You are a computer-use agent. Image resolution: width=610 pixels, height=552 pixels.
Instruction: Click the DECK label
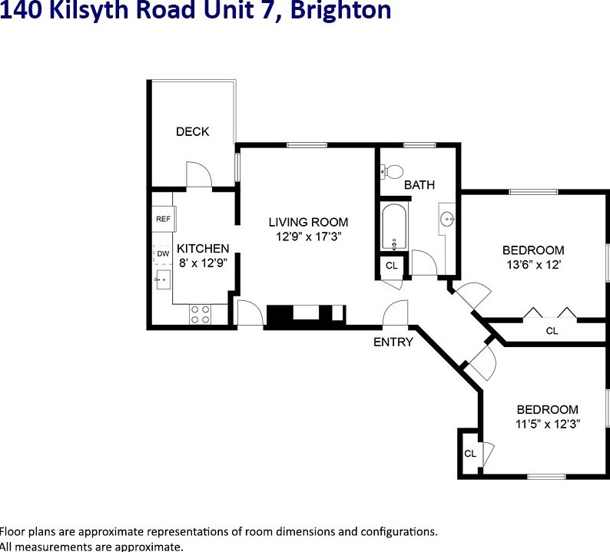(x=192, y=131)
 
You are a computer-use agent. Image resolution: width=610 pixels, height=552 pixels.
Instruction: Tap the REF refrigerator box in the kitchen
(x=163, y=219)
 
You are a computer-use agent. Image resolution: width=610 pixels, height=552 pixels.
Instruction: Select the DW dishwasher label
(x=163, y=253)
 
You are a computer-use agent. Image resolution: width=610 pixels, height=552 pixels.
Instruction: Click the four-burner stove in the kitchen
(x=200, y=314)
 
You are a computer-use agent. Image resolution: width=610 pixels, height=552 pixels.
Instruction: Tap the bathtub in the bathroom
(x=393, y=227)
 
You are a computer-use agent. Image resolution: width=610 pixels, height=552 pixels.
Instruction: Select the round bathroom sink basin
(x=448, y=220)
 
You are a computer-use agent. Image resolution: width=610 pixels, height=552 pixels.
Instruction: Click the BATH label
(x=419, y=185)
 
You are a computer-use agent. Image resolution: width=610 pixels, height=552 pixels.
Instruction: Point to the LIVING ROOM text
(x=308, y=223)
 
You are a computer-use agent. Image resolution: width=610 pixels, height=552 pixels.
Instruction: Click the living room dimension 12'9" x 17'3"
(x=308, y=236)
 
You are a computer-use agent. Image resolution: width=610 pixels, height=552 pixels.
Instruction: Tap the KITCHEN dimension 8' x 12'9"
(x=203, y=263)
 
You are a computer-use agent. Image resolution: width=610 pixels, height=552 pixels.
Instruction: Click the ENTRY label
(x=393, y=342)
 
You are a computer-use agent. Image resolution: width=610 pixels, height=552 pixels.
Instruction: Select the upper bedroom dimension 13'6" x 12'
(x=533, y=264)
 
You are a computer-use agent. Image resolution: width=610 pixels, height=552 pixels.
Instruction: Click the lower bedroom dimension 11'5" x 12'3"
(x=547, y=423)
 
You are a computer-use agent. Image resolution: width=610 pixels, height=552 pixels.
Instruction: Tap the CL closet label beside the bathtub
(x=392, y=266)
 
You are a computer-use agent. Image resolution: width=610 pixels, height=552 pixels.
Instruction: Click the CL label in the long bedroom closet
(x=552, y=331)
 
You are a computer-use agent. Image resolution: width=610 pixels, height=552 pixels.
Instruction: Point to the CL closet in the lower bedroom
(x=470, y=454)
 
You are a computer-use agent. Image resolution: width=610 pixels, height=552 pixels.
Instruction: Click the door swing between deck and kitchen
(x=197, y=174)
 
